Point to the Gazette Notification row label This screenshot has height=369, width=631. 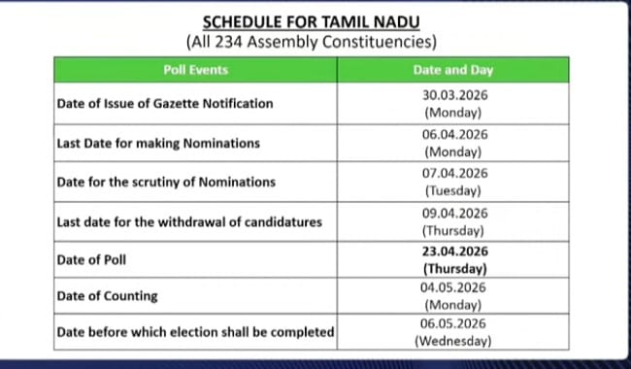[x=164, y=103]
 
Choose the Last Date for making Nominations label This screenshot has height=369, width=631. [x=157, y=143]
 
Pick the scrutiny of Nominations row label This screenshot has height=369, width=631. [x=165, y=182]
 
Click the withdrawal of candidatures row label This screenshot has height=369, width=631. [x=189, y=221]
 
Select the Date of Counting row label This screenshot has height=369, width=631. [x=107, y=295]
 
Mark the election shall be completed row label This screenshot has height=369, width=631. [x=195, y=332]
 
